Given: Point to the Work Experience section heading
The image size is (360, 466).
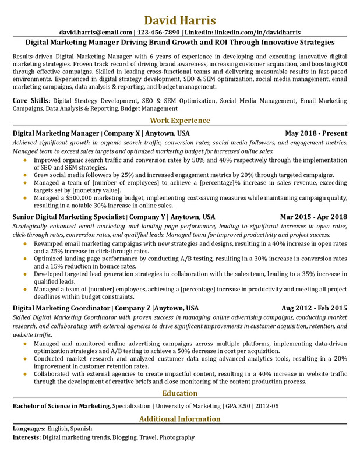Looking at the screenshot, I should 180,121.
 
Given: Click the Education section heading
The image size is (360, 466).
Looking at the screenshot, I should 180,393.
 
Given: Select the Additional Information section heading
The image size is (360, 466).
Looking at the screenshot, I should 180,419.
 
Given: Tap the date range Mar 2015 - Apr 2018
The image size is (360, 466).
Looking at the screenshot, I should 313,217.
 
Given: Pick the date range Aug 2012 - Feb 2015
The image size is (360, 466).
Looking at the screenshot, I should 314,308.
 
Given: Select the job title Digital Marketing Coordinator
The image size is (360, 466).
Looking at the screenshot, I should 61,308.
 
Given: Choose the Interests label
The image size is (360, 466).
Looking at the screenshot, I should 27,437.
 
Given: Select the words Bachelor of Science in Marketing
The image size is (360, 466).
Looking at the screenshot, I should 61,405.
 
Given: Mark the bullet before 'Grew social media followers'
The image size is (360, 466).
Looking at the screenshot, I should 24,175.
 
